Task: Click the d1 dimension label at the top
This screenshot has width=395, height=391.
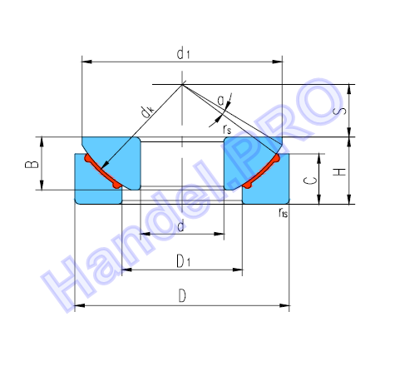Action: (183, 53)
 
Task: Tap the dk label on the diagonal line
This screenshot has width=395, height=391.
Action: (147, 111)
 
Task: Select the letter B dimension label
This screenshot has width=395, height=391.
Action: (32, 164)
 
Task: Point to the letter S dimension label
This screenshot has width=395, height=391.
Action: (343, 111)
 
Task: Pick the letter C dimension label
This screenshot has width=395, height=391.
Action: (310, 181)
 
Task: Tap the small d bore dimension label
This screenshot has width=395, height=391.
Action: (180, 226)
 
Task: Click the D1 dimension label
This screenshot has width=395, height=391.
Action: (184, 261)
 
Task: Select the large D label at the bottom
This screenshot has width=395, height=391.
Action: (182, 295)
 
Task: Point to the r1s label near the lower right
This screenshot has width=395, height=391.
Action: (283, 213)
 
